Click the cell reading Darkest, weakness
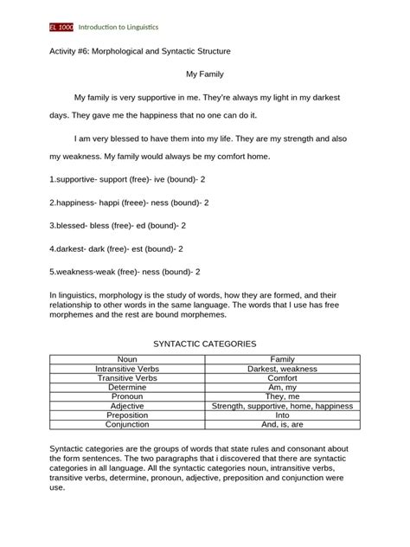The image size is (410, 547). click(283, 368)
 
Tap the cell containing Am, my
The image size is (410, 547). click(283, 387)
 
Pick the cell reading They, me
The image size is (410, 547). click(283, 396)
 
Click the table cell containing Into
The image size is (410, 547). click(283, 415)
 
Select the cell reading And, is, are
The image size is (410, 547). click(283, 425)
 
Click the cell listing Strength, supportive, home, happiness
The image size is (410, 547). click(283, 406)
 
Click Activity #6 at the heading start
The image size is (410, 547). click(68, 52)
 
